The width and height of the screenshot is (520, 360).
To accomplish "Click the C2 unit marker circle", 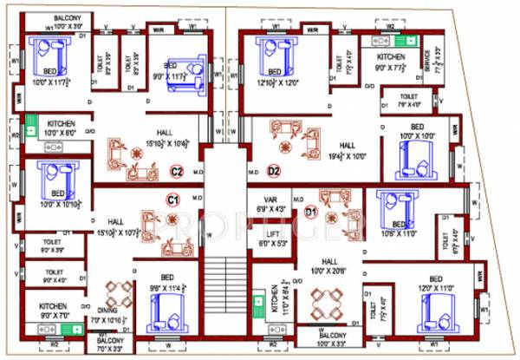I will click(x=175, y=171).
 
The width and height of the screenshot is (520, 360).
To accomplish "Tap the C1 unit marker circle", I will click(x=172, y=200).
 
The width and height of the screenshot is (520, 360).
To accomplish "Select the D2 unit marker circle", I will click(x=274, y=171).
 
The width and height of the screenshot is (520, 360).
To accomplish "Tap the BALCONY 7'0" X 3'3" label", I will click(x=109, y=347).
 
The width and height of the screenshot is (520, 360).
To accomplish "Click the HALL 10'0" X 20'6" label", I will click(x=330, y=265).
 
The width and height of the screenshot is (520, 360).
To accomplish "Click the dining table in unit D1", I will click(x=325, y=304).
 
